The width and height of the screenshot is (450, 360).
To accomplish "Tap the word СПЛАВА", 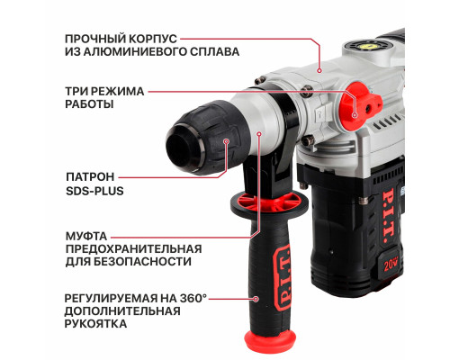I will click(x=218, y=52).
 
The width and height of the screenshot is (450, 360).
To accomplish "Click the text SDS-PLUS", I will click(x=94, y=191).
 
